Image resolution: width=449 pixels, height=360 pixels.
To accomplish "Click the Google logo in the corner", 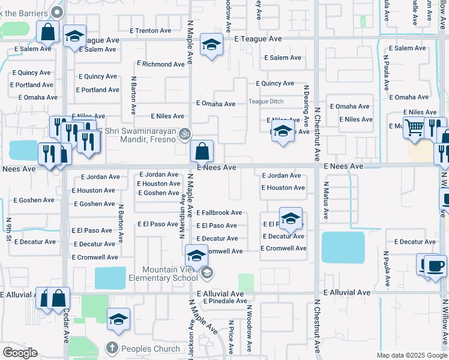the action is click(20, 353).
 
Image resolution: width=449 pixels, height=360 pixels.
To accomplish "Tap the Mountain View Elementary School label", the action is click(170, 274).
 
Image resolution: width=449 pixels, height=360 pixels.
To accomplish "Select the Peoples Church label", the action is click(151, 349).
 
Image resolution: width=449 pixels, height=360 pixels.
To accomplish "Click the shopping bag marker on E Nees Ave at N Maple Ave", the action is click(202, 151).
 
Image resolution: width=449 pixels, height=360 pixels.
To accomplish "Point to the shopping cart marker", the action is click(415, 128).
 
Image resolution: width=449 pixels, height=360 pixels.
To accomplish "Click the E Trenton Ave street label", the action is click(150, 31).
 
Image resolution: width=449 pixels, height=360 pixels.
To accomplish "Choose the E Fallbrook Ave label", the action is click(219, 212).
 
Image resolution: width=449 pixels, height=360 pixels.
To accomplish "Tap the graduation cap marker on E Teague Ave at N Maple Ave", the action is click(211, 46).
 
